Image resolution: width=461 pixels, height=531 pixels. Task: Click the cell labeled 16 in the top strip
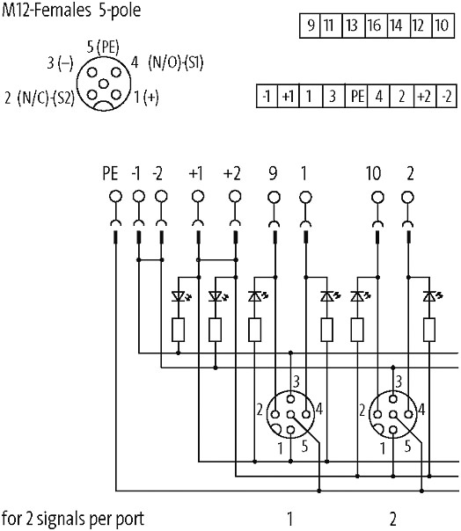376,25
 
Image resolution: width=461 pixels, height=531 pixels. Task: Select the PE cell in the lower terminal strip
356,96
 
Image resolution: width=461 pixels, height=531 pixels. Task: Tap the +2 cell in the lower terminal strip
425,96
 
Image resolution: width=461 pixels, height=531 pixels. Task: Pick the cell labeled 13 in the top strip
353,25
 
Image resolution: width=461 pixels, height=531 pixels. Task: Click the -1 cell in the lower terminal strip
267,96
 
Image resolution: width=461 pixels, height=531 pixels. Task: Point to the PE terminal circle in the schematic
115,196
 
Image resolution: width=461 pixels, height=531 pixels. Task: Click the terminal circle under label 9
274,197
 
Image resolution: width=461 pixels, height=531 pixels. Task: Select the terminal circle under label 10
377,197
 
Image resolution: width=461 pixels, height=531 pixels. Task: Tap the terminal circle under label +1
198,196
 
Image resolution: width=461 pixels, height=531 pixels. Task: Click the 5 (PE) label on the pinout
103,47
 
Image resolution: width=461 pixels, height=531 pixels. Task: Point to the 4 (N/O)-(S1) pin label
167,62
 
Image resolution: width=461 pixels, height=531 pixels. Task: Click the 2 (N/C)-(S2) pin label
40,98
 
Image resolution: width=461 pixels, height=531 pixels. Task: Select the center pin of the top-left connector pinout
104,84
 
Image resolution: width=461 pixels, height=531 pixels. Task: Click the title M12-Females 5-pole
71,11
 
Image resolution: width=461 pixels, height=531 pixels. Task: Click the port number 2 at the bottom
392,519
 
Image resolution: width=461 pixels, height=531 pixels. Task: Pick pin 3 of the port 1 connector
290,399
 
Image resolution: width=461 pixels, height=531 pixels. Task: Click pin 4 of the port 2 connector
409,414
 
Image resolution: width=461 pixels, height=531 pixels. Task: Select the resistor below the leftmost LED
179,330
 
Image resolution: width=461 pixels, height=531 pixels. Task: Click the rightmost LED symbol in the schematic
431,296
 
